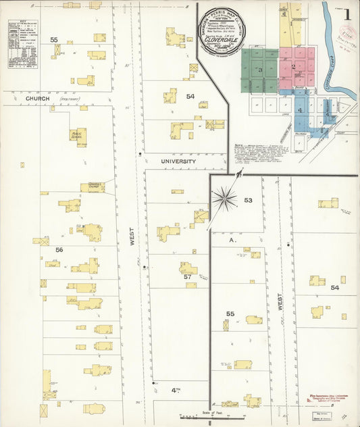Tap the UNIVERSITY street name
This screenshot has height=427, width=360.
178,162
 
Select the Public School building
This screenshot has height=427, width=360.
78,134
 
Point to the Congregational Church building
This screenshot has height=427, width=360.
93,187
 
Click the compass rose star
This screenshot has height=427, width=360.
224,199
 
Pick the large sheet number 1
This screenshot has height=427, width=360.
347,13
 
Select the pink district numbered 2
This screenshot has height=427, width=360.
294,66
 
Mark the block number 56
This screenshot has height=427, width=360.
59,250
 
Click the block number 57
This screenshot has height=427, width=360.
187,277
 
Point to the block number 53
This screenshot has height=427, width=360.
248,200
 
